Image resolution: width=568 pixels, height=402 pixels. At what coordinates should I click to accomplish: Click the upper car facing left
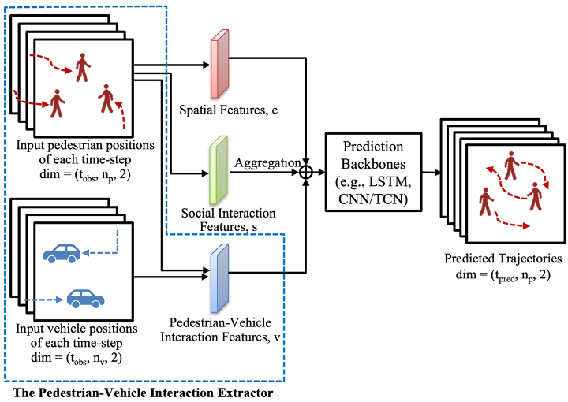62,251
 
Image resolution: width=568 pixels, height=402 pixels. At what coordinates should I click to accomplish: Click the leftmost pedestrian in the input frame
56,103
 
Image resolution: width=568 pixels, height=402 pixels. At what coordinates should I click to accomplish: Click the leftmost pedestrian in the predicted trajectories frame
486,203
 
